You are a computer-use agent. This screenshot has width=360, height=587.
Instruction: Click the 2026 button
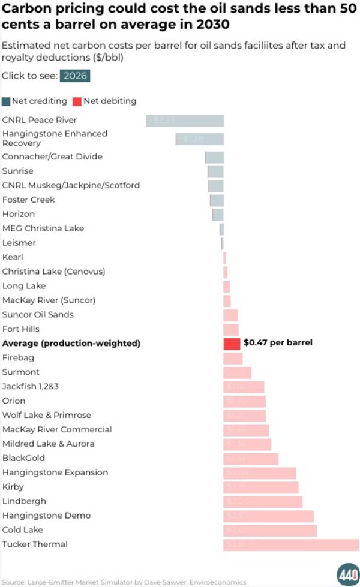75,76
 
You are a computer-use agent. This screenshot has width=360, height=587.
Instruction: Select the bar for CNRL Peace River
185,121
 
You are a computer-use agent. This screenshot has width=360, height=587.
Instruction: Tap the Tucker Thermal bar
291,544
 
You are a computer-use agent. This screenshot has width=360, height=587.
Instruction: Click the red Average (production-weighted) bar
232,344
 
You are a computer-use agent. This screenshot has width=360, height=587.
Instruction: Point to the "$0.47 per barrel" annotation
278,343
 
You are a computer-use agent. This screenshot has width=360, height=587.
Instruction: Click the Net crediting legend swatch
6,101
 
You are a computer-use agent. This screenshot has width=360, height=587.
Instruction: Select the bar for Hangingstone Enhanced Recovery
200,139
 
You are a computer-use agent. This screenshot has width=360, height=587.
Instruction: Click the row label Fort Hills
21,329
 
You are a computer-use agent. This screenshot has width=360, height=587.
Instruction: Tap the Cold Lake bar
270,531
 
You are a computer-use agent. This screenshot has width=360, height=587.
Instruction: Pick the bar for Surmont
238,372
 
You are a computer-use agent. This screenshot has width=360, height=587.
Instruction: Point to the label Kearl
13,257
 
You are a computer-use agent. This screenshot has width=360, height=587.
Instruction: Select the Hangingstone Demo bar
268,516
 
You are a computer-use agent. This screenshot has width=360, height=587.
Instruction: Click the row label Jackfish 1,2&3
31,387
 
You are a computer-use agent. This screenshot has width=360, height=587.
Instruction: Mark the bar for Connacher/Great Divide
215,157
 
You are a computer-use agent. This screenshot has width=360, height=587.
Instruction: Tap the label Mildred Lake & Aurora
49,444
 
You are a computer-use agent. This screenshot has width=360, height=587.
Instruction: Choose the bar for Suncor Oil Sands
231,315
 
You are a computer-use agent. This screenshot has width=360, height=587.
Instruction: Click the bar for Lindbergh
263,502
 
